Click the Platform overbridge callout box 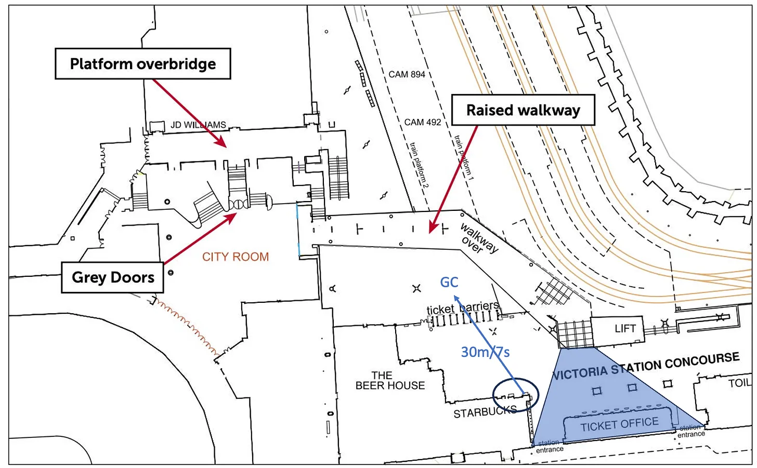click(x=142, y=64)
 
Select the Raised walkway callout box click(x=523, y=110)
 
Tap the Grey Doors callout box click(x=113, y=277)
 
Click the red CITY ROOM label click(x=236, y=257)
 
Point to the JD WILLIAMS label click(x=199, y=125)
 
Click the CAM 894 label click(x=407, y=74)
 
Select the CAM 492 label click(x=422, y=122)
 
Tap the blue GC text click(x=449, y=282)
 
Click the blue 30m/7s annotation click(x=485, y=352)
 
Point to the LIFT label click(x=625, y=328)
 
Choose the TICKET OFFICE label click(x=619, y=425)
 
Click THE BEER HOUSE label click(x=390, y=380)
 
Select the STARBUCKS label click(x=485, y=412)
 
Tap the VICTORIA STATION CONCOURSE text click(x=646, y=366)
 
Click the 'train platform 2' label click(x=419, y=165)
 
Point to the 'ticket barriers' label click(x=463, y=308)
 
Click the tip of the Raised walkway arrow click(x=430, y=232)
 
